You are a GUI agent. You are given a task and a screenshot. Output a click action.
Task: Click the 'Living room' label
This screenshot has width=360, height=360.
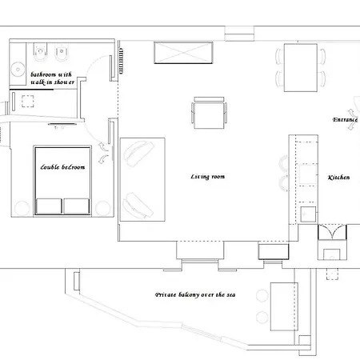(x=208, y=177)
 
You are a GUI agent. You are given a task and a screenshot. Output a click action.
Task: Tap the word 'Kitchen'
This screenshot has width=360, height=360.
(x=338, y=178)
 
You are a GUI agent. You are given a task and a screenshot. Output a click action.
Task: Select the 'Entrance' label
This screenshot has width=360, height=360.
(x=345, y=120)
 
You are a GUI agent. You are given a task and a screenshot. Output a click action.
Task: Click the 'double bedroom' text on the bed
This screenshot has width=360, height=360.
(x=62, y=167)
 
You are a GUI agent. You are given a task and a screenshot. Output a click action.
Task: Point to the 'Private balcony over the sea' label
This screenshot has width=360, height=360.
(x=195, y=294)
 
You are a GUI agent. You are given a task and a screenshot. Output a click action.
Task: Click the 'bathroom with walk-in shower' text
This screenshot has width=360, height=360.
(x=52, y=78)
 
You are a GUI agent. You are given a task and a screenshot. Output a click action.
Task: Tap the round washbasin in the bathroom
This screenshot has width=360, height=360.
(x=18, y=70)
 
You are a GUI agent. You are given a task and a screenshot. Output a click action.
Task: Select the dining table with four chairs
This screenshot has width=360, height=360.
(x=301, y=68)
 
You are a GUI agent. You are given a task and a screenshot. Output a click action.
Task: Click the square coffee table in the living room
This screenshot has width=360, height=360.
(x=209, y=113)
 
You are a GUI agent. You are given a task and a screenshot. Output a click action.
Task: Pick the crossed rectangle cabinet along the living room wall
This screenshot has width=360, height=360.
(x=183, y=53)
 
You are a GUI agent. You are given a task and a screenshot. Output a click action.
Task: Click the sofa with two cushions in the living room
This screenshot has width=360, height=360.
(x=142, y=179)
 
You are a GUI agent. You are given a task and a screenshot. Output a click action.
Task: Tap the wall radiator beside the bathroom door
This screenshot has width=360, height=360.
(x=121, y=61)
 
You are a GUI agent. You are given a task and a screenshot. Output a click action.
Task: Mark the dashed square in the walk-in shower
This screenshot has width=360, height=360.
(x=28, y=102)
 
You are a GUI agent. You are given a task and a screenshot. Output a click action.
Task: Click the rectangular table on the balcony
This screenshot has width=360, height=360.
(x=284, y=306)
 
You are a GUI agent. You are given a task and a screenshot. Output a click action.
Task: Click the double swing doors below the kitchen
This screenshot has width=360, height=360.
(x=332, y=232)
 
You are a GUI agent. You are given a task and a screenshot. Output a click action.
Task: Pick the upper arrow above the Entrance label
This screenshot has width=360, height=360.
(x=352, y=112)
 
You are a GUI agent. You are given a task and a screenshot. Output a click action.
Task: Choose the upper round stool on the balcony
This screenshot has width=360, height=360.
(x=262, y=296)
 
